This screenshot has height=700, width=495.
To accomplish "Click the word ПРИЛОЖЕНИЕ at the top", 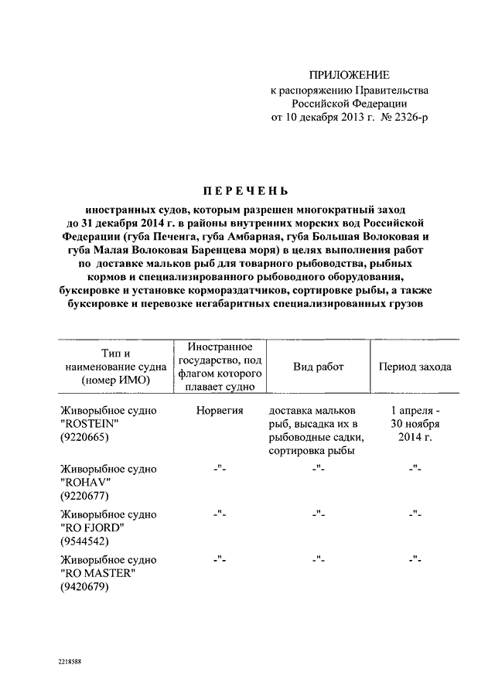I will pyautogui.click(x=349, y=75).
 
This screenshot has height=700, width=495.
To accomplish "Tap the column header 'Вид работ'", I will pyautogui.click(x=318, y=367).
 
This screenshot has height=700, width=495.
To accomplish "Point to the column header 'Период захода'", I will pyautogui.click(x=415, y=367).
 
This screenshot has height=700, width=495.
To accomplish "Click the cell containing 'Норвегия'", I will pyautogui.click(x=220, y=409).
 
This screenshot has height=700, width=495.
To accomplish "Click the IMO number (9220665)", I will pyautogui.click(x=86, y=437).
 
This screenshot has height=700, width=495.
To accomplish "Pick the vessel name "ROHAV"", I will pyautogui.click(x=83, y=483).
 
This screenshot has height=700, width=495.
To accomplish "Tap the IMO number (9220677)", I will pyautogui.click(x=86, y=497).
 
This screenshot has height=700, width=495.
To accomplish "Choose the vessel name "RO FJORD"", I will pyautogui.click(x=90, y=528).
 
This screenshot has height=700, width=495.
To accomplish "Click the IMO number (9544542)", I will pyautogui.click(x=86, y=542).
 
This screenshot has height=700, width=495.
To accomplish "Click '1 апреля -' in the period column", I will pyautogui.click(x=415, y=409).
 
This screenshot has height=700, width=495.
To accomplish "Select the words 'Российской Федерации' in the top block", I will pyautogui.click(x=349, y=104).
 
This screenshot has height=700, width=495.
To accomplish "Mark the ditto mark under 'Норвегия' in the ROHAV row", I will pyautogui.click(x=220, y=469).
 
